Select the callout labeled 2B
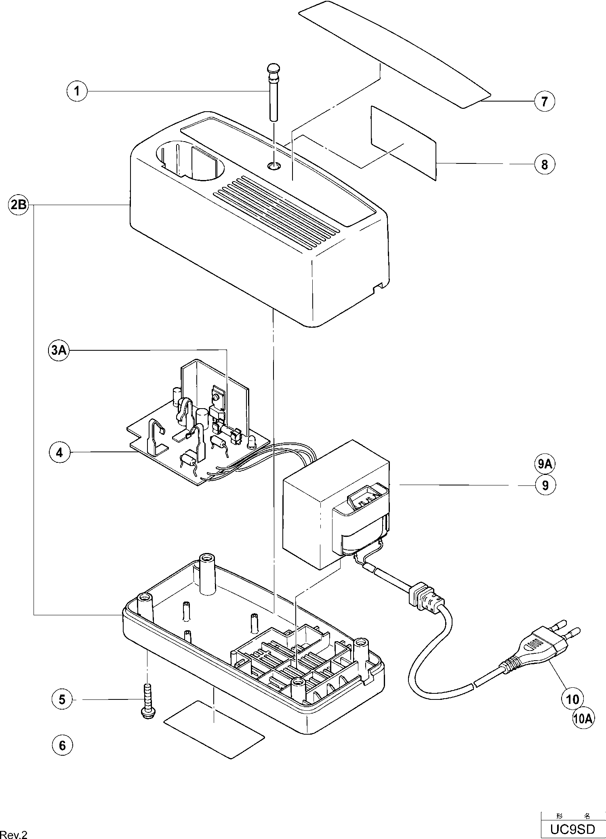(19, 205)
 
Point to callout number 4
(59, 452)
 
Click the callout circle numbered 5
(62, 699)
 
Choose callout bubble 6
(62, 745)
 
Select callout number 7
(544, 101)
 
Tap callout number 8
(544, 164)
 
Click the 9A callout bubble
(545, 464)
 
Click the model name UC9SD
(573, 829)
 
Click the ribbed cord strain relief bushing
(422, 598)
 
